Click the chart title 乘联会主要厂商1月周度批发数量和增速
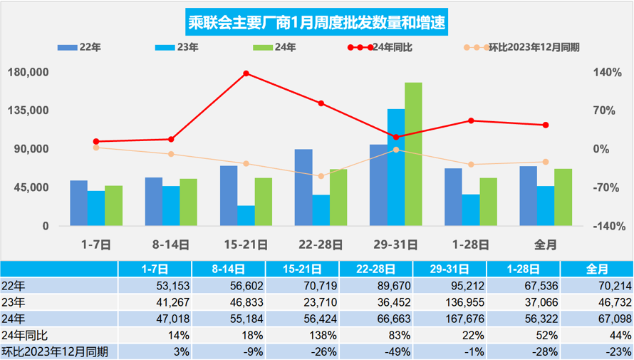pos(317,22)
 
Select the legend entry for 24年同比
pos(388,48)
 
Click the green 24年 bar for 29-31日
pos(413,155)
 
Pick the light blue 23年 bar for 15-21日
pos(246,216)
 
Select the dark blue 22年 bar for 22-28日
pos(303,187)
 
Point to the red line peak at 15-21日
pos(246,73)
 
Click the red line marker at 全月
pos(546,125)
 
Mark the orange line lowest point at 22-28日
pos(321,176)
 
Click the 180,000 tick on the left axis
pos(28,73)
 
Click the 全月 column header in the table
pos(596,269)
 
